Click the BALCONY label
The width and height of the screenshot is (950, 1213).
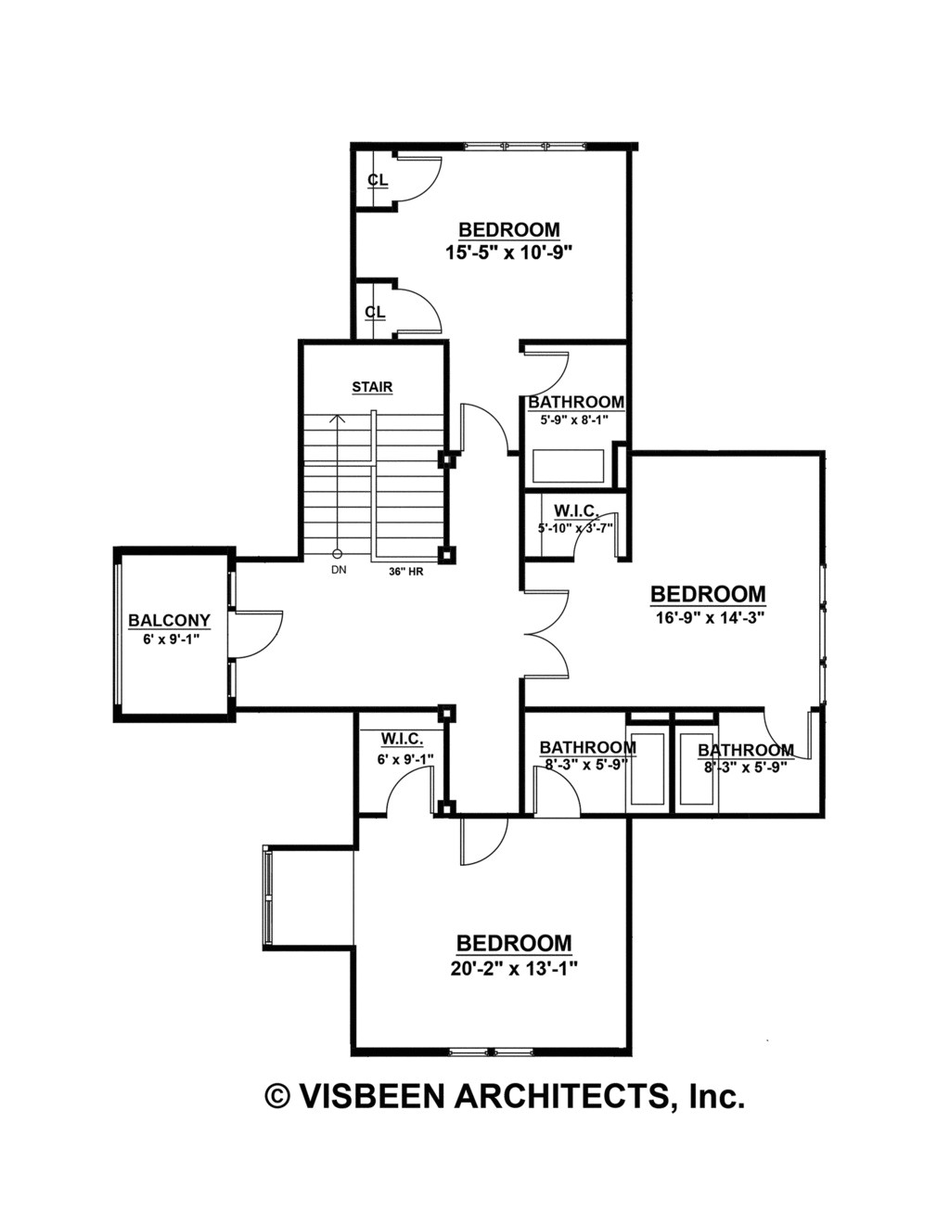[169, 620]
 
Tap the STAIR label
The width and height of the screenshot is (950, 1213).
[371, 387]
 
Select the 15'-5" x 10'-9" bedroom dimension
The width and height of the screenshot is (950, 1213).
[509, 251]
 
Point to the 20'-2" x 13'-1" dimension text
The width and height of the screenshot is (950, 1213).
[514, 967]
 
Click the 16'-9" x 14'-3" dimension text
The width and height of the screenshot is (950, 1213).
[707, 616]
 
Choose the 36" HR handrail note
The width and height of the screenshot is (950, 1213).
[406, 572]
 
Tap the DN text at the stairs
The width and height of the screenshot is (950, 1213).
[338, 571]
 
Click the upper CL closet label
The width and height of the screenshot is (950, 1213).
[377, 179]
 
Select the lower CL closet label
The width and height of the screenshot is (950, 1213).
[375, 312]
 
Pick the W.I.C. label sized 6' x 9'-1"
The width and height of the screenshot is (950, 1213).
[401, 739]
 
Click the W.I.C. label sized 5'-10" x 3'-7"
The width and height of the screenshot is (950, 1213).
[575, 510]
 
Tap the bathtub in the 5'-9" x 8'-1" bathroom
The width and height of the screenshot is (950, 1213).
[568, 466]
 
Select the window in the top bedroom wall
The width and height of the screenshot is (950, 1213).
[524, 145]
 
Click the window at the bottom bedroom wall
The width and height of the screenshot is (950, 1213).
[493, 1052]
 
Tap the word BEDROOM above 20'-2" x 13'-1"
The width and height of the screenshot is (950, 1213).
[514, 943]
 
